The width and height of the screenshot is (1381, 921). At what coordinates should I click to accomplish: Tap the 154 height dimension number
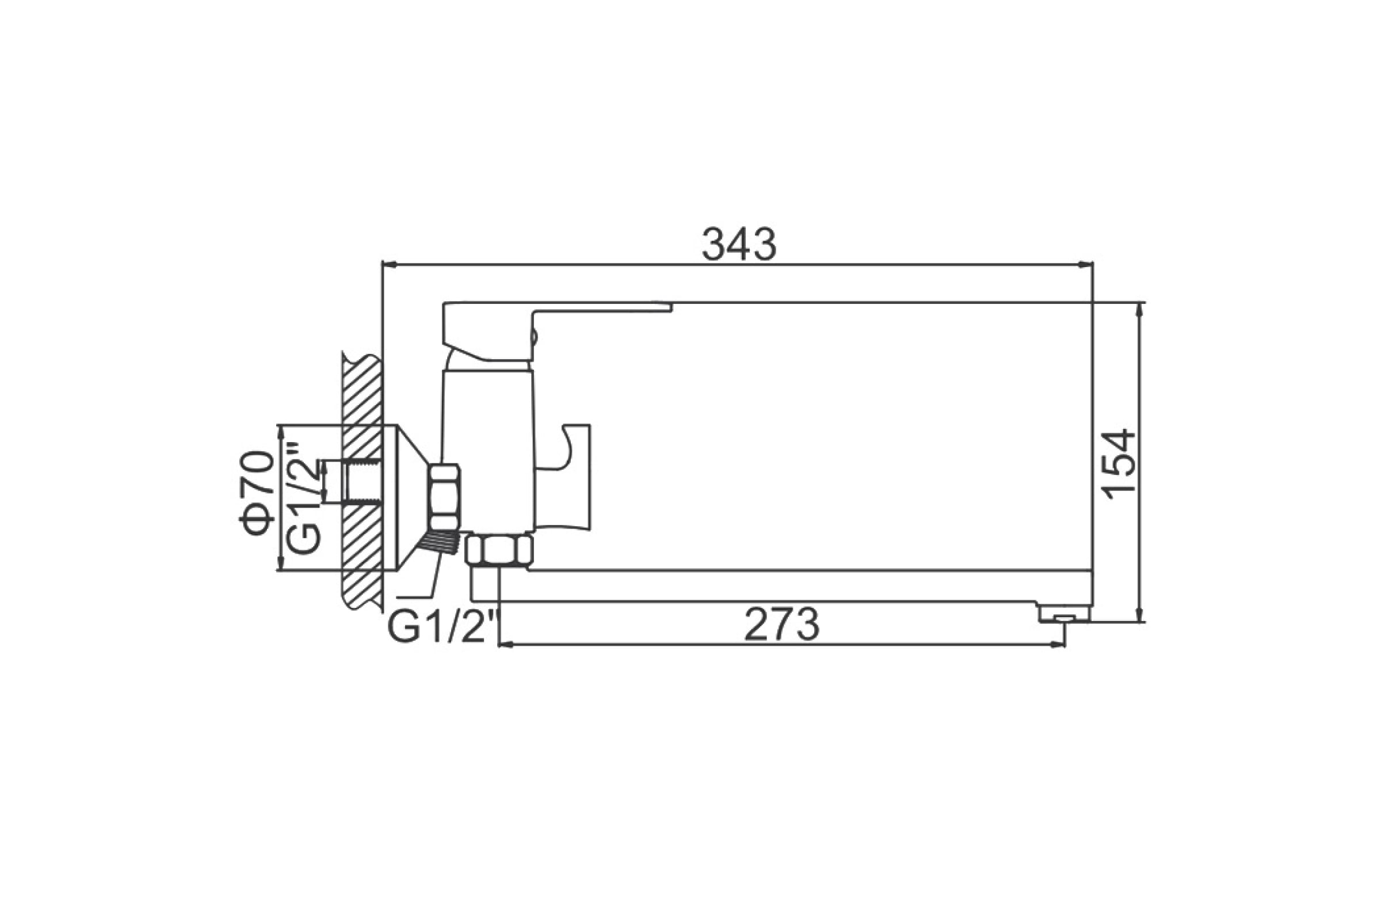pos(1119,465)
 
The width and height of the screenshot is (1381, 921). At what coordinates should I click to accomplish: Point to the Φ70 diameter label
pos(257,493)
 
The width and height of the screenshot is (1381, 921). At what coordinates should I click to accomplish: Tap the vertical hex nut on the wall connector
pos(444,497)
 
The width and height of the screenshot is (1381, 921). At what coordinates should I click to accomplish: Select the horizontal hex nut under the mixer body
pos(499,550)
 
